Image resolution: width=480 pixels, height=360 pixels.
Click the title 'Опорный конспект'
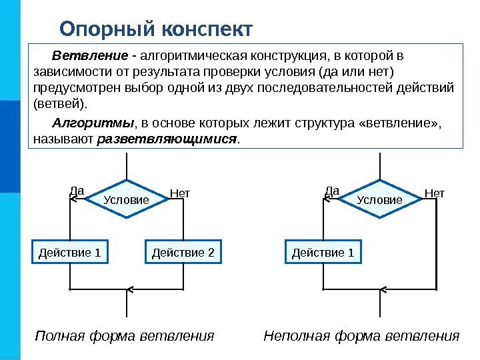tap(156, 29)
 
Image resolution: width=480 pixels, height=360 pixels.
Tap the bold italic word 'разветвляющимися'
tap(167, 140)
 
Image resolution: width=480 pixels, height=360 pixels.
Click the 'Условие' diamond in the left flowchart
tap(126, 199)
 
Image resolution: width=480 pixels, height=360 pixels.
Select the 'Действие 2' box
tap(183, 253)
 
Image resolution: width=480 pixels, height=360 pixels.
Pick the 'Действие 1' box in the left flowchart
tap(70, 253)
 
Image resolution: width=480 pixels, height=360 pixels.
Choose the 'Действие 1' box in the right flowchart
tap(323, 253)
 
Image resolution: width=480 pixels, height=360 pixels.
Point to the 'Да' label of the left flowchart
tap(77, 191)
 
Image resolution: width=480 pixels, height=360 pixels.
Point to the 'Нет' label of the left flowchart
tap(180, 193)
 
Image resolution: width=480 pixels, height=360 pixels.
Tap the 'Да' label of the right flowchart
tap(332, 191)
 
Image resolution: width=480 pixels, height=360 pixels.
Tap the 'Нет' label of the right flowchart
tap(434, 193)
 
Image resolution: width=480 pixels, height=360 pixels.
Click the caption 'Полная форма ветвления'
tap(125, 335)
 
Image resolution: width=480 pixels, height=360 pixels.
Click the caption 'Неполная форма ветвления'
tap(362, 335)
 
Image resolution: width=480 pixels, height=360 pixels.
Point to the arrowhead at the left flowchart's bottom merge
tap(129, 290)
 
